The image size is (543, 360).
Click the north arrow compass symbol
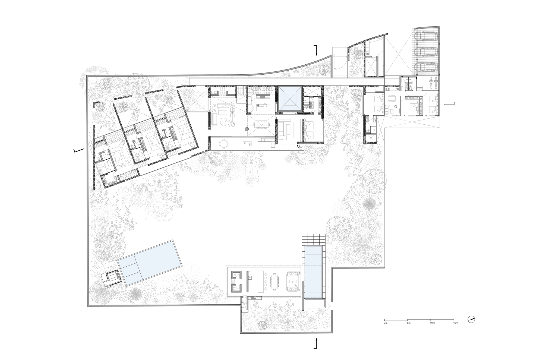point(471,320)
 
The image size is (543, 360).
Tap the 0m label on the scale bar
point(386,323)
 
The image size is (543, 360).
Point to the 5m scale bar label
point(409,323)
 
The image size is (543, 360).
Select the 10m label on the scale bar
point(432,323)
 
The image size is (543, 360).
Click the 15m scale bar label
point(456,323)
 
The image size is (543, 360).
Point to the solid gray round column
point(247,129)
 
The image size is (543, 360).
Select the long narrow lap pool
point(314,272)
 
